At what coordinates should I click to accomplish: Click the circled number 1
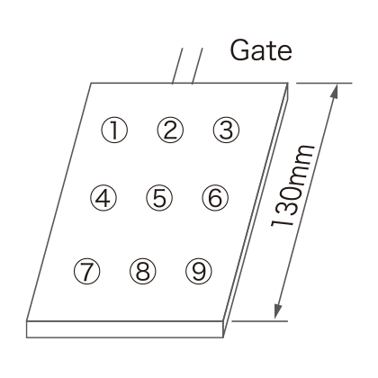point(114,130)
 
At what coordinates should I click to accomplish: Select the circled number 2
point(170,130)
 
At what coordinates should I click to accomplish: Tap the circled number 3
point(226,130)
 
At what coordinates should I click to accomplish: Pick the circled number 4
point(103,198)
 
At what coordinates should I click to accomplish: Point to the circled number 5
point(159,198)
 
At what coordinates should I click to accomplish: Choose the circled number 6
point(215,198)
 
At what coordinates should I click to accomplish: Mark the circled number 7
point(86,271)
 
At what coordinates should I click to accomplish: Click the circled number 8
point(143,271)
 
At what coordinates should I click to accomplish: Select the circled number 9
point(199,271)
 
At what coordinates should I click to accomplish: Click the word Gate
point(261,50)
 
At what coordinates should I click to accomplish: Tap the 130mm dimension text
point(292,185)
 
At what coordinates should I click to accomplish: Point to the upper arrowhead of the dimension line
point(335,92)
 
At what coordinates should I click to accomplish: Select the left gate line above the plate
point(177,66)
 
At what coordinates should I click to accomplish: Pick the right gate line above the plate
point(197,66)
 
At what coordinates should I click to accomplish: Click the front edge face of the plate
point(125,329)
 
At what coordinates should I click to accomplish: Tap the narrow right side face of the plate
point(256,210)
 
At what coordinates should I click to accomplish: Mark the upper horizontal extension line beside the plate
point(324,83)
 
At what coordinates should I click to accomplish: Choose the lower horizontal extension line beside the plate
point(260,320)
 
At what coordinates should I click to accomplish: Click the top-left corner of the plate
point(91,83)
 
